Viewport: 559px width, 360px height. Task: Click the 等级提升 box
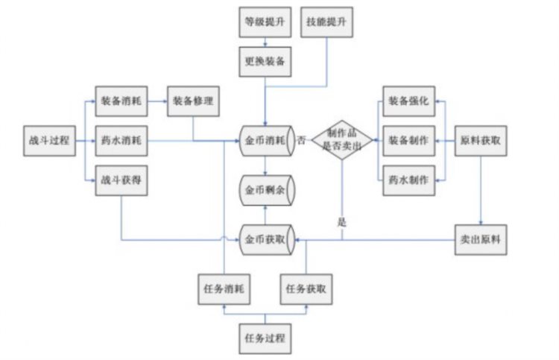pos(265,22)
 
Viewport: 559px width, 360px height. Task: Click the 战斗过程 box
pos(48,140)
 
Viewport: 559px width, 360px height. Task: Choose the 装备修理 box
pos(193,101)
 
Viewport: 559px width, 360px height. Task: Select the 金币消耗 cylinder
pos(265,140)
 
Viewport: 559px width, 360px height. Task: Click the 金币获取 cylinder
pos(265,239)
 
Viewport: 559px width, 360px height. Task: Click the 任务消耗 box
pos(224,288)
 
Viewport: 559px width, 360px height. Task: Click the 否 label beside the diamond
pos(301,139)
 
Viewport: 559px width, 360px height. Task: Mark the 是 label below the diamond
pos(342,221)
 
